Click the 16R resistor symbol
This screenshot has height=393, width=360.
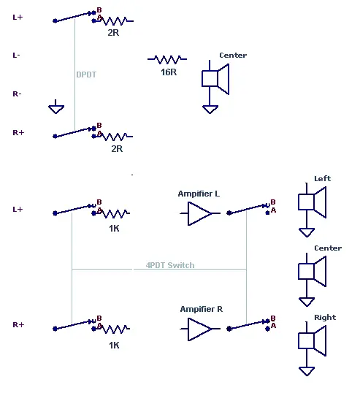coord(167,59)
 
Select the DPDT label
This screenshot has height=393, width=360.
coord(86,75)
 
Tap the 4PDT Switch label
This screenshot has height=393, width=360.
coord(170,265)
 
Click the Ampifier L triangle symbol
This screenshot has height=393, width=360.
coord(200,213)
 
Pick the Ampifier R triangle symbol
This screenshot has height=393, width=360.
coord(200,329)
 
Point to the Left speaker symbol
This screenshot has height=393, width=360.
coord(312,202)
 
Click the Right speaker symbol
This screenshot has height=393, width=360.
coord(312,341)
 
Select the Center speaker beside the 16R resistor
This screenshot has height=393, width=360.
coord(215,79)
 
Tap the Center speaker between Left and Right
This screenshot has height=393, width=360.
coord(312,272)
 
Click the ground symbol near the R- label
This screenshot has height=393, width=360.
coord(56,107)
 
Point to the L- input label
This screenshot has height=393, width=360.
coord(16,55)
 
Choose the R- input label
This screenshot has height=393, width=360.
coord(17,94)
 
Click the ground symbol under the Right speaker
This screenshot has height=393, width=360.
coord(307,371)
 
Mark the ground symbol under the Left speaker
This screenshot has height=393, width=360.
coord(307,232)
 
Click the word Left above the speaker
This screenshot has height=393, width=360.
coord(323,179)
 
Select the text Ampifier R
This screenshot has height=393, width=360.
coord(202,309)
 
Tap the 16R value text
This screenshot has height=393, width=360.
coord(169,72)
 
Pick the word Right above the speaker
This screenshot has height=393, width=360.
coord(325,318)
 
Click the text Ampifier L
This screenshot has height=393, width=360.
coord(199,194)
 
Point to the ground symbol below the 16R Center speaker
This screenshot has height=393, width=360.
coord(210,110)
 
